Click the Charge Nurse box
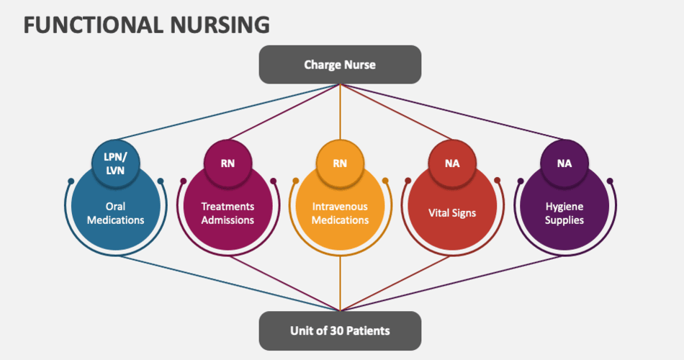[x=340, y=65]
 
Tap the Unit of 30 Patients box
[x=340, y=330]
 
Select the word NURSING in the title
[x=220, y=25]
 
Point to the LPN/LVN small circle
[x=116, y=163]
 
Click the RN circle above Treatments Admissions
[x=228, y=163]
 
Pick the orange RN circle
[x=340, y=163]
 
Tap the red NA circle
[x=452, y=163]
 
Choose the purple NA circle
[x=564, y=163]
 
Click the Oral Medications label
[x=116, y=213]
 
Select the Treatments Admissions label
[x=228, y=213]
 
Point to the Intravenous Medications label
[x=340, y=213]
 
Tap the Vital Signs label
[x=452, y=213]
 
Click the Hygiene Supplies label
[x=564, y=213]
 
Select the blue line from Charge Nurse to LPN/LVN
[x=228, y=112]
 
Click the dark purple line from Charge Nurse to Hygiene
[x=452, y=112]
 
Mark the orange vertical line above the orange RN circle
[x=340, y=112]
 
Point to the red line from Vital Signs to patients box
[x=395, y=284]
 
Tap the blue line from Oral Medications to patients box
[x=230, y=284]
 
